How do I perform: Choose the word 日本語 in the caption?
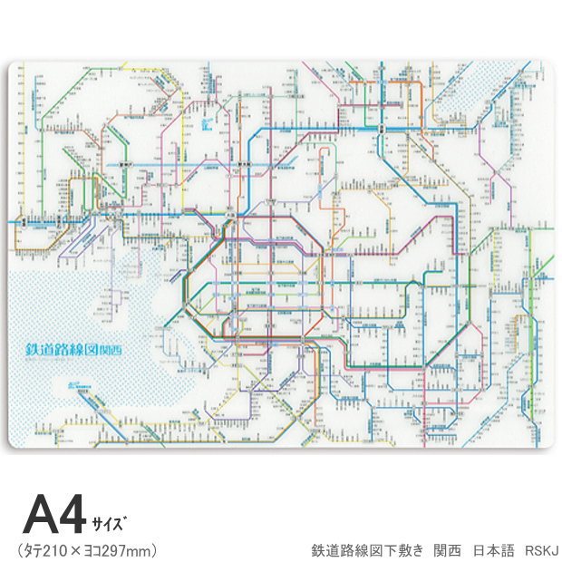[x=496, y=550]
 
